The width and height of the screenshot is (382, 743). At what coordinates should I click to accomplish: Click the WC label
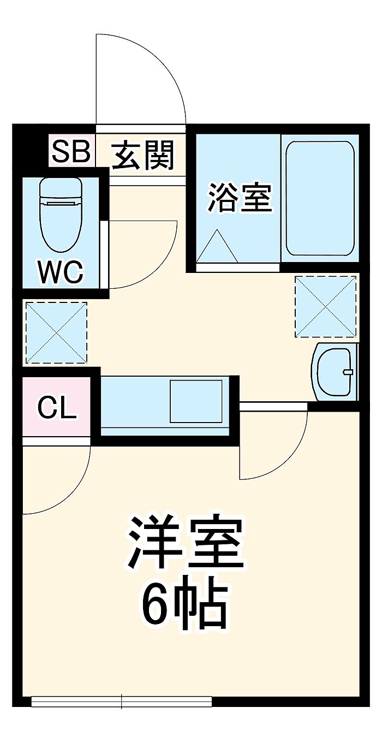tap(60, 271)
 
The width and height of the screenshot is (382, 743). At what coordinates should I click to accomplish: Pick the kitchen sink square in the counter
tap(196, 401)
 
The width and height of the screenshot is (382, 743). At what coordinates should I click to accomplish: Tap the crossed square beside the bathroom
tap(325, 306)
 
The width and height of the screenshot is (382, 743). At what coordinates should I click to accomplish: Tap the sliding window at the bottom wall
tap(121, 702)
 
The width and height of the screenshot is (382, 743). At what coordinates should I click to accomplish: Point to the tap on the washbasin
tap(347, 372)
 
